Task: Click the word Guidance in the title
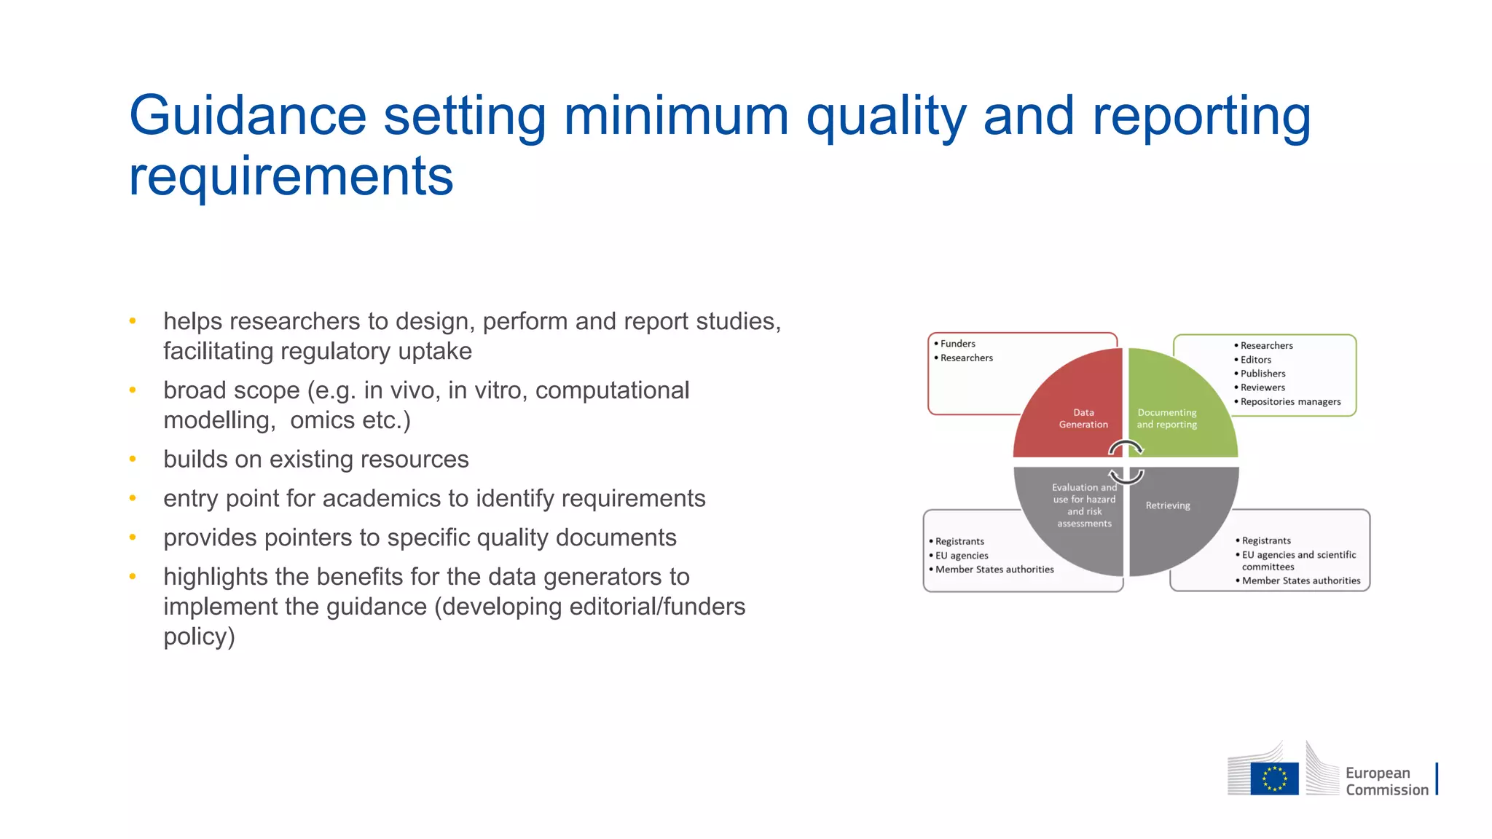248,117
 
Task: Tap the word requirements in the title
291,177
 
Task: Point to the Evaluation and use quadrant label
1084,505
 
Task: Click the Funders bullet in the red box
957,344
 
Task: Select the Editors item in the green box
1255,360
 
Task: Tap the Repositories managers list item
1290,402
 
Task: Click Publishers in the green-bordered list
1263,374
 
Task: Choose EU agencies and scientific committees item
1298,561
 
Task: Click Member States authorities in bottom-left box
994,570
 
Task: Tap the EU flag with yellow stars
1274,778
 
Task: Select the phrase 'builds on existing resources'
315,460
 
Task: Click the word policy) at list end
199,637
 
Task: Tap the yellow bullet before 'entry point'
133,498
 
